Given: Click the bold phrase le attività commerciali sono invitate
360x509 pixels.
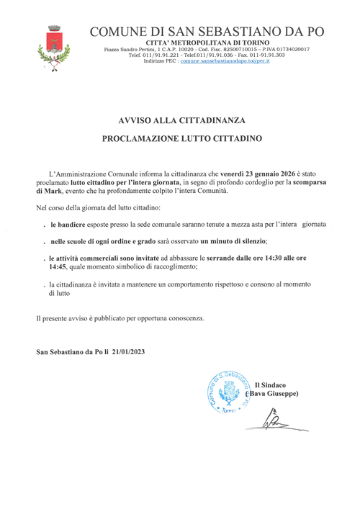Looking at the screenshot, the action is [108, 256].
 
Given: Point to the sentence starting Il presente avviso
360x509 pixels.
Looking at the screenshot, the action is [121, 317].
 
